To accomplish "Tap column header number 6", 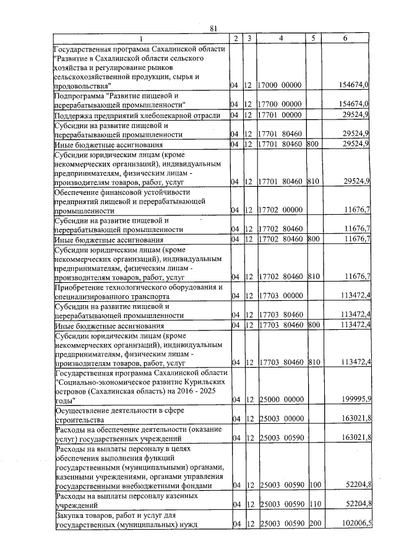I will [345, 39].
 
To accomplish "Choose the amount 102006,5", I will [355, 523].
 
